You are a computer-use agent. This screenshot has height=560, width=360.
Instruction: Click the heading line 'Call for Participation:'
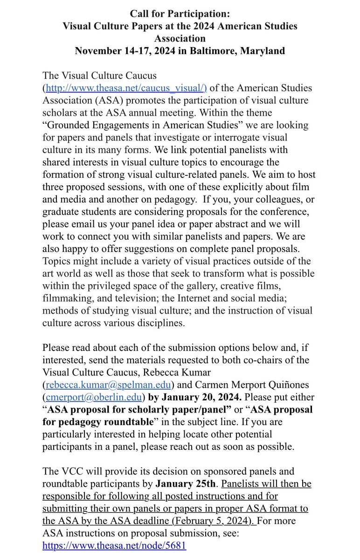click(x=180, y=14)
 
